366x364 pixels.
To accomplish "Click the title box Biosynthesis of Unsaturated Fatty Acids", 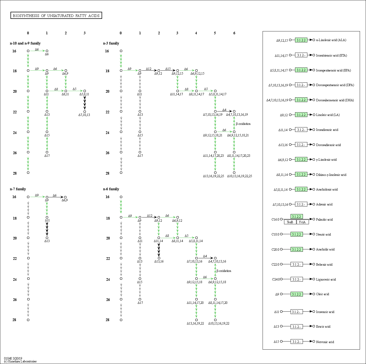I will coord(56,16).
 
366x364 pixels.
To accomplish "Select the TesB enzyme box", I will coord(290,222).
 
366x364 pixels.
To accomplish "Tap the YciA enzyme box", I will coord(302,222).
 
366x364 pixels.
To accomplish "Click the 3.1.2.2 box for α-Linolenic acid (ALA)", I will coord(301,40).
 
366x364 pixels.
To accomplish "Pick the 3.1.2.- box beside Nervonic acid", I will coord(297,342).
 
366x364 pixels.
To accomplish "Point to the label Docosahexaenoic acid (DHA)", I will coord(335,100).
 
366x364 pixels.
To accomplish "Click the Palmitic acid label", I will coord(324,220).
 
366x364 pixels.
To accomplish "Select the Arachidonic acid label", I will coord(327,189).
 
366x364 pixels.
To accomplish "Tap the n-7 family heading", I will coord(18,189).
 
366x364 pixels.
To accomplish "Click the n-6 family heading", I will coord(111,189).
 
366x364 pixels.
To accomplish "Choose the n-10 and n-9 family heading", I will coord(25,43).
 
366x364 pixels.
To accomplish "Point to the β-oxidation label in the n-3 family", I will coord(243,124).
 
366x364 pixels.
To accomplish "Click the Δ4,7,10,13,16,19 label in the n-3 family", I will coord(237,115).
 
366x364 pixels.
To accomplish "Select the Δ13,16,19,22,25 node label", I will coord(213,176).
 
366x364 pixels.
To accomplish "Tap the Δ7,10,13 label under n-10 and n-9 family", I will coord(84,115).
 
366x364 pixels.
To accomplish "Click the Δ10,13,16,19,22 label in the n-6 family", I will coord(219,323).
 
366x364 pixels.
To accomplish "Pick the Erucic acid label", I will coord(323,327).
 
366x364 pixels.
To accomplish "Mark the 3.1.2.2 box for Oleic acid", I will coord(297,294).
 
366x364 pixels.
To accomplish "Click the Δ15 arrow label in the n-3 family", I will coord(168,69).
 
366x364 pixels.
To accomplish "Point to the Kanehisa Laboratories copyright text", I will coord(20,361).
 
